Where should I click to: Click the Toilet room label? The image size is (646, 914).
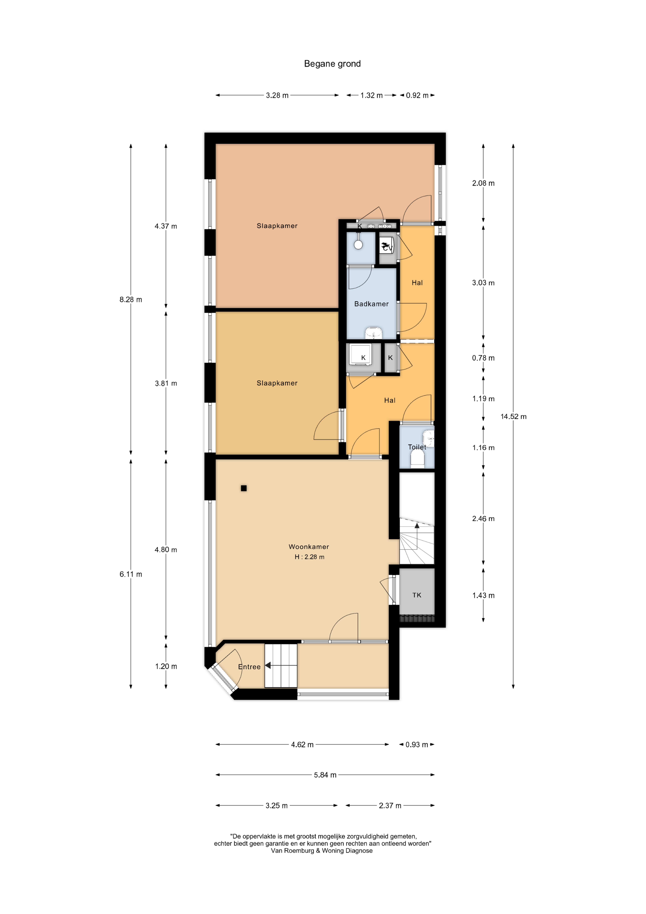coord(417,447)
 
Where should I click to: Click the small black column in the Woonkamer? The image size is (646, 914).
coord(244,488)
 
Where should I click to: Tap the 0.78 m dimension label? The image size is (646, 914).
coord(483,358)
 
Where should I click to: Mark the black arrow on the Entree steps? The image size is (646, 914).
coord(268,665)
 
